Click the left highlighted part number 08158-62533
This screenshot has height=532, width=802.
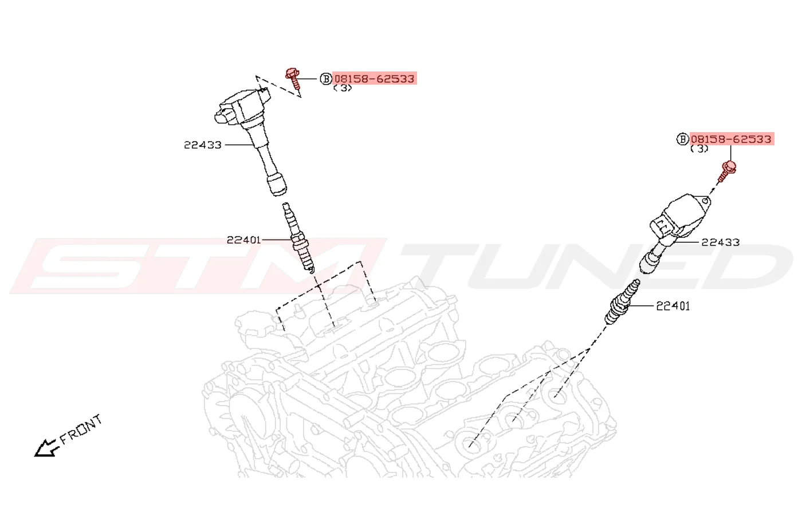point(375,78)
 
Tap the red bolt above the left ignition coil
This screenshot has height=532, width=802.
point(293,79)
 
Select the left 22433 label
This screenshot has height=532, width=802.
point(203,145)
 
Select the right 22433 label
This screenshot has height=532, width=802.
point(721,242)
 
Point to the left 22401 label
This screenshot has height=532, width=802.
point(243,240)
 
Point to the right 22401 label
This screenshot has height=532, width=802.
point(673,306)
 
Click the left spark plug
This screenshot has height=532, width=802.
point(298,238)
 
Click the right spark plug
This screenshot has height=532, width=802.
point(622,302)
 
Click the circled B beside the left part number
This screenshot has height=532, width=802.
point(326,79)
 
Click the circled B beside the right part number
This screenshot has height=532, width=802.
point(682,139)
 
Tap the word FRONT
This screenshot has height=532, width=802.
point(81,429)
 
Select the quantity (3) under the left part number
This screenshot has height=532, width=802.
point(343,88)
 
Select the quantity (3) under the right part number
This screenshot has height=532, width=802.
point(699,148)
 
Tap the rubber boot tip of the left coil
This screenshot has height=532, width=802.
point(277,185)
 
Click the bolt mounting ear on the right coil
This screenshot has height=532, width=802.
point(705,201)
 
